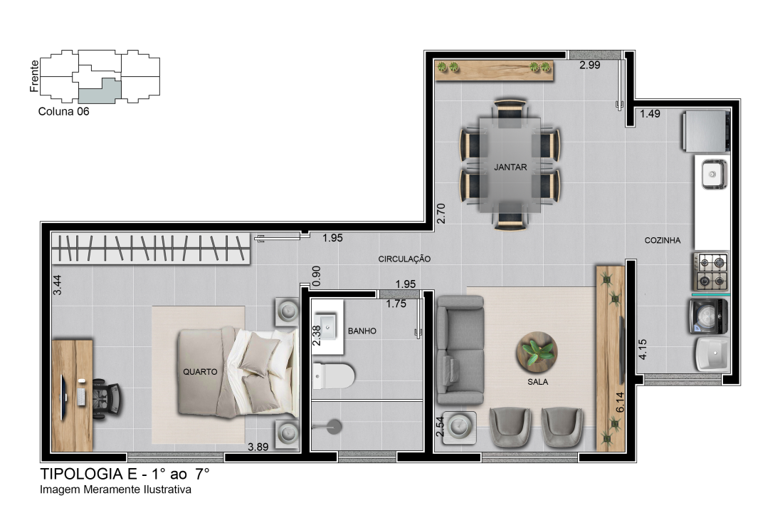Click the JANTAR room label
(510, 167)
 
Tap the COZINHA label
(663, 241)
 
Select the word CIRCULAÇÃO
(404, 259)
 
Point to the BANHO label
(362, 331)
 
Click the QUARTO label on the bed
(200, 371)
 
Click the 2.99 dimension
(590, 65)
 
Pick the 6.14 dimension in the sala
(620, 403)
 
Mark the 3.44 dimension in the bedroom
(57, 285)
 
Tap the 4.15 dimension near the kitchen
(643, 349)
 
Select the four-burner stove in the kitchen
(711, 271)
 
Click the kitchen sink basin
(714, 175)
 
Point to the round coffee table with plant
(537, 352)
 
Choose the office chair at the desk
(107, 396)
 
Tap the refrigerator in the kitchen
(705, 131)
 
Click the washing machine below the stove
(709, 316)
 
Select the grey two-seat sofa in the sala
(460, 350)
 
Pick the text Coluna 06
(63, 112)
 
